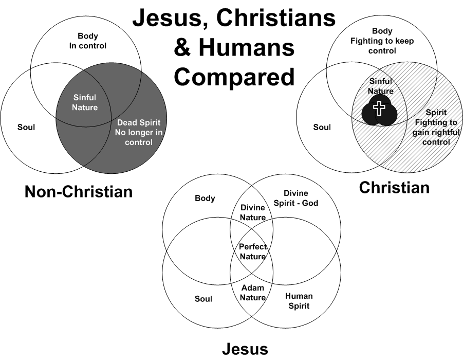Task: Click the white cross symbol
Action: pos(379,109)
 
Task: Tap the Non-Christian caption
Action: pos(79,192)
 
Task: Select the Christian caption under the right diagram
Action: pos(394,187)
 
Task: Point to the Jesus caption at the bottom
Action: pos(245,349)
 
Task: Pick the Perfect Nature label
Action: pos(253,251)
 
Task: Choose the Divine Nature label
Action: pos(253,212)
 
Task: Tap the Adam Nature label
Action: pos(253,293)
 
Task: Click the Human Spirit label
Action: pos(298,301)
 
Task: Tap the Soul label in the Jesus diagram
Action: pos(203,298)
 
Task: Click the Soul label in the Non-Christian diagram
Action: pos(26,127)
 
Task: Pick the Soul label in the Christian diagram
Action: pos(322,127)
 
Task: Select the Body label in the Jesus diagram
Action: pos(205,198)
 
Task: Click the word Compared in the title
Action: pos(234,77)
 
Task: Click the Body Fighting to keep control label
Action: pos(381,41)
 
